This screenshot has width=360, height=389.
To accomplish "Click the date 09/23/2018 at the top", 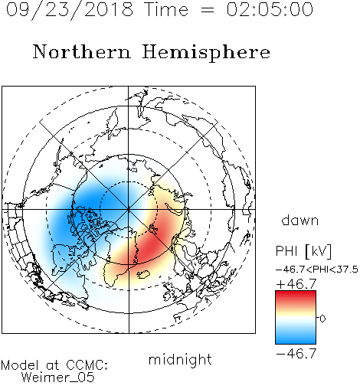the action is click(x=70, y=9).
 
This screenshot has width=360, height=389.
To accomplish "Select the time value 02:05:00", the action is click(x=270, y=9).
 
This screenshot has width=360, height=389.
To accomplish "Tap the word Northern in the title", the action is click(x=82, y=52).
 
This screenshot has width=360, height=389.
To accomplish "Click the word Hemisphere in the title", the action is click(x=206, y=53).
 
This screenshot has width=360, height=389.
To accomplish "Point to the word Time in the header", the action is click(x=166, y=9).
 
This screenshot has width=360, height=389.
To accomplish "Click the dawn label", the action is click(x=300, y=220).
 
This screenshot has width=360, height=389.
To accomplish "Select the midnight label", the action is click(x=180, y=359).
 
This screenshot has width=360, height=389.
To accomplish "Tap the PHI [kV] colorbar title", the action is click(x=303, y=251).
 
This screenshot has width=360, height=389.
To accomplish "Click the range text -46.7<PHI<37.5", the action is click(x=317, y=270).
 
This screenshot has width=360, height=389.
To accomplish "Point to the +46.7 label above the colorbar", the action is click(x=296, y=284).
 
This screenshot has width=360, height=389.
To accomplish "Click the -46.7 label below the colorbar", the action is click(x=296, y=354).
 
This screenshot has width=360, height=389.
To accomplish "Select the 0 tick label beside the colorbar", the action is click(x=322, y=319).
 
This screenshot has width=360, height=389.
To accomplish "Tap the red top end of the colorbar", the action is click(x=296, y=293).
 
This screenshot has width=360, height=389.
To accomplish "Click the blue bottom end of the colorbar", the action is click(x=296, y=342).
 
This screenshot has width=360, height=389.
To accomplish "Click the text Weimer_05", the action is click(x=58, y=378).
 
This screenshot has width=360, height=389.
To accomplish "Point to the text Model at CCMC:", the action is click(x=54, y=365).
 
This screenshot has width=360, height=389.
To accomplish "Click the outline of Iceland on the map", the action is click(x=143, y=274).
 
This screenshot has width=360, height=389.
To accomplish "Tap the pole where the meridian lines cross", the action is click(x=129, y=209).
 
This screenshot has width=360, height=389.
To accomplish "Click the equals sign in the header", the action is click(x=208, y=10).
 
